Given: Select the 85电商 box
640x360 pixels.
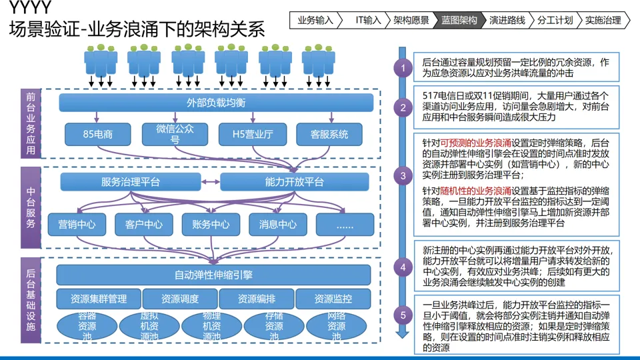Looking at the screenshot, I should point(97,135).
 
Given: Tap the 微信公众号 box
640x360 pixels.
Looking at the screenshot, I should point(175,134).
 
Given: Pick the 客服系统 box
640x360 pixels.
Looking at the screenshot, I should point(329,135).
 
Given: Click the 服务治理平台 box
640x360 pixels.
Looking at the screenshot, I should point(131,182).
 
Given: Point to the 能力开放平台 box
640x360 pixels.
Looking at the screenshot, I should point(294,182).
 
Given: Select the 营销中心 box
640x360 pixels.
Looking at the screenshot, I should point(77,225).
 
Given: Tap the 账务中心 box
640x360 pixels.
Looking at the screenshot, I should point(210,225).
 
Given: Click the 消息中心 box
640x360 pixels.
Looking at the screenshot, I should point(277,225).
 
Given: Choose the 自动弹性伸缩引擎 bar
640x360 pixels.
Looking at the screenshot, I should point(213,275).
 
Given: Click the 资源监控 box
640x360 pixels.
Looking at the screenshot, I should point(333,299).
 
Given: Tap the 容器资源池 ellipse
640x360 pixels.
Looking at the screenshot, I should point(87,326).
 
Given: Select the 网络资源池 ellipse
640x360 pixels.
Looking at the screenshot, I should point(337,326).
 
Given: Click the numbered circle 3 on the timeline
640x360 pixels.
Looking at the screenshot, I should point(403,177).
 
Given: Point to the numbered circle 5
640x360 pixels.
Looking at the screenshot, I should point(403,314).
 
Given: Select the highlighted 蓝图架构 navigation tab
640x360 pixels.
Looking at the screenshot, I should point(459,20).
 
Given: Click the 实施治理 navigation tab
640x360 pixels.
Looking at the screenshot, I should point(603,20).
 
